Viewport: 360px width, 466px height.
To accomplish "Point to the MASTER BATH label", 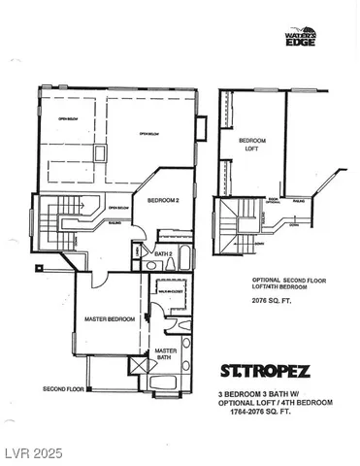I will [166, 354].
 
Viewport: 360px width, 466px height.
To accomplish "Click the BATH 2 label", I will [163, 254].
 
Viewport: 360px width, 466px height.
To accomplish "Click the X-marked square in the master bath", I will [137, 366].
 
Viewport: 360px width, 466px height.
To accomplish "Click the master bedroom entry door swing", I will [143, 316].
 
